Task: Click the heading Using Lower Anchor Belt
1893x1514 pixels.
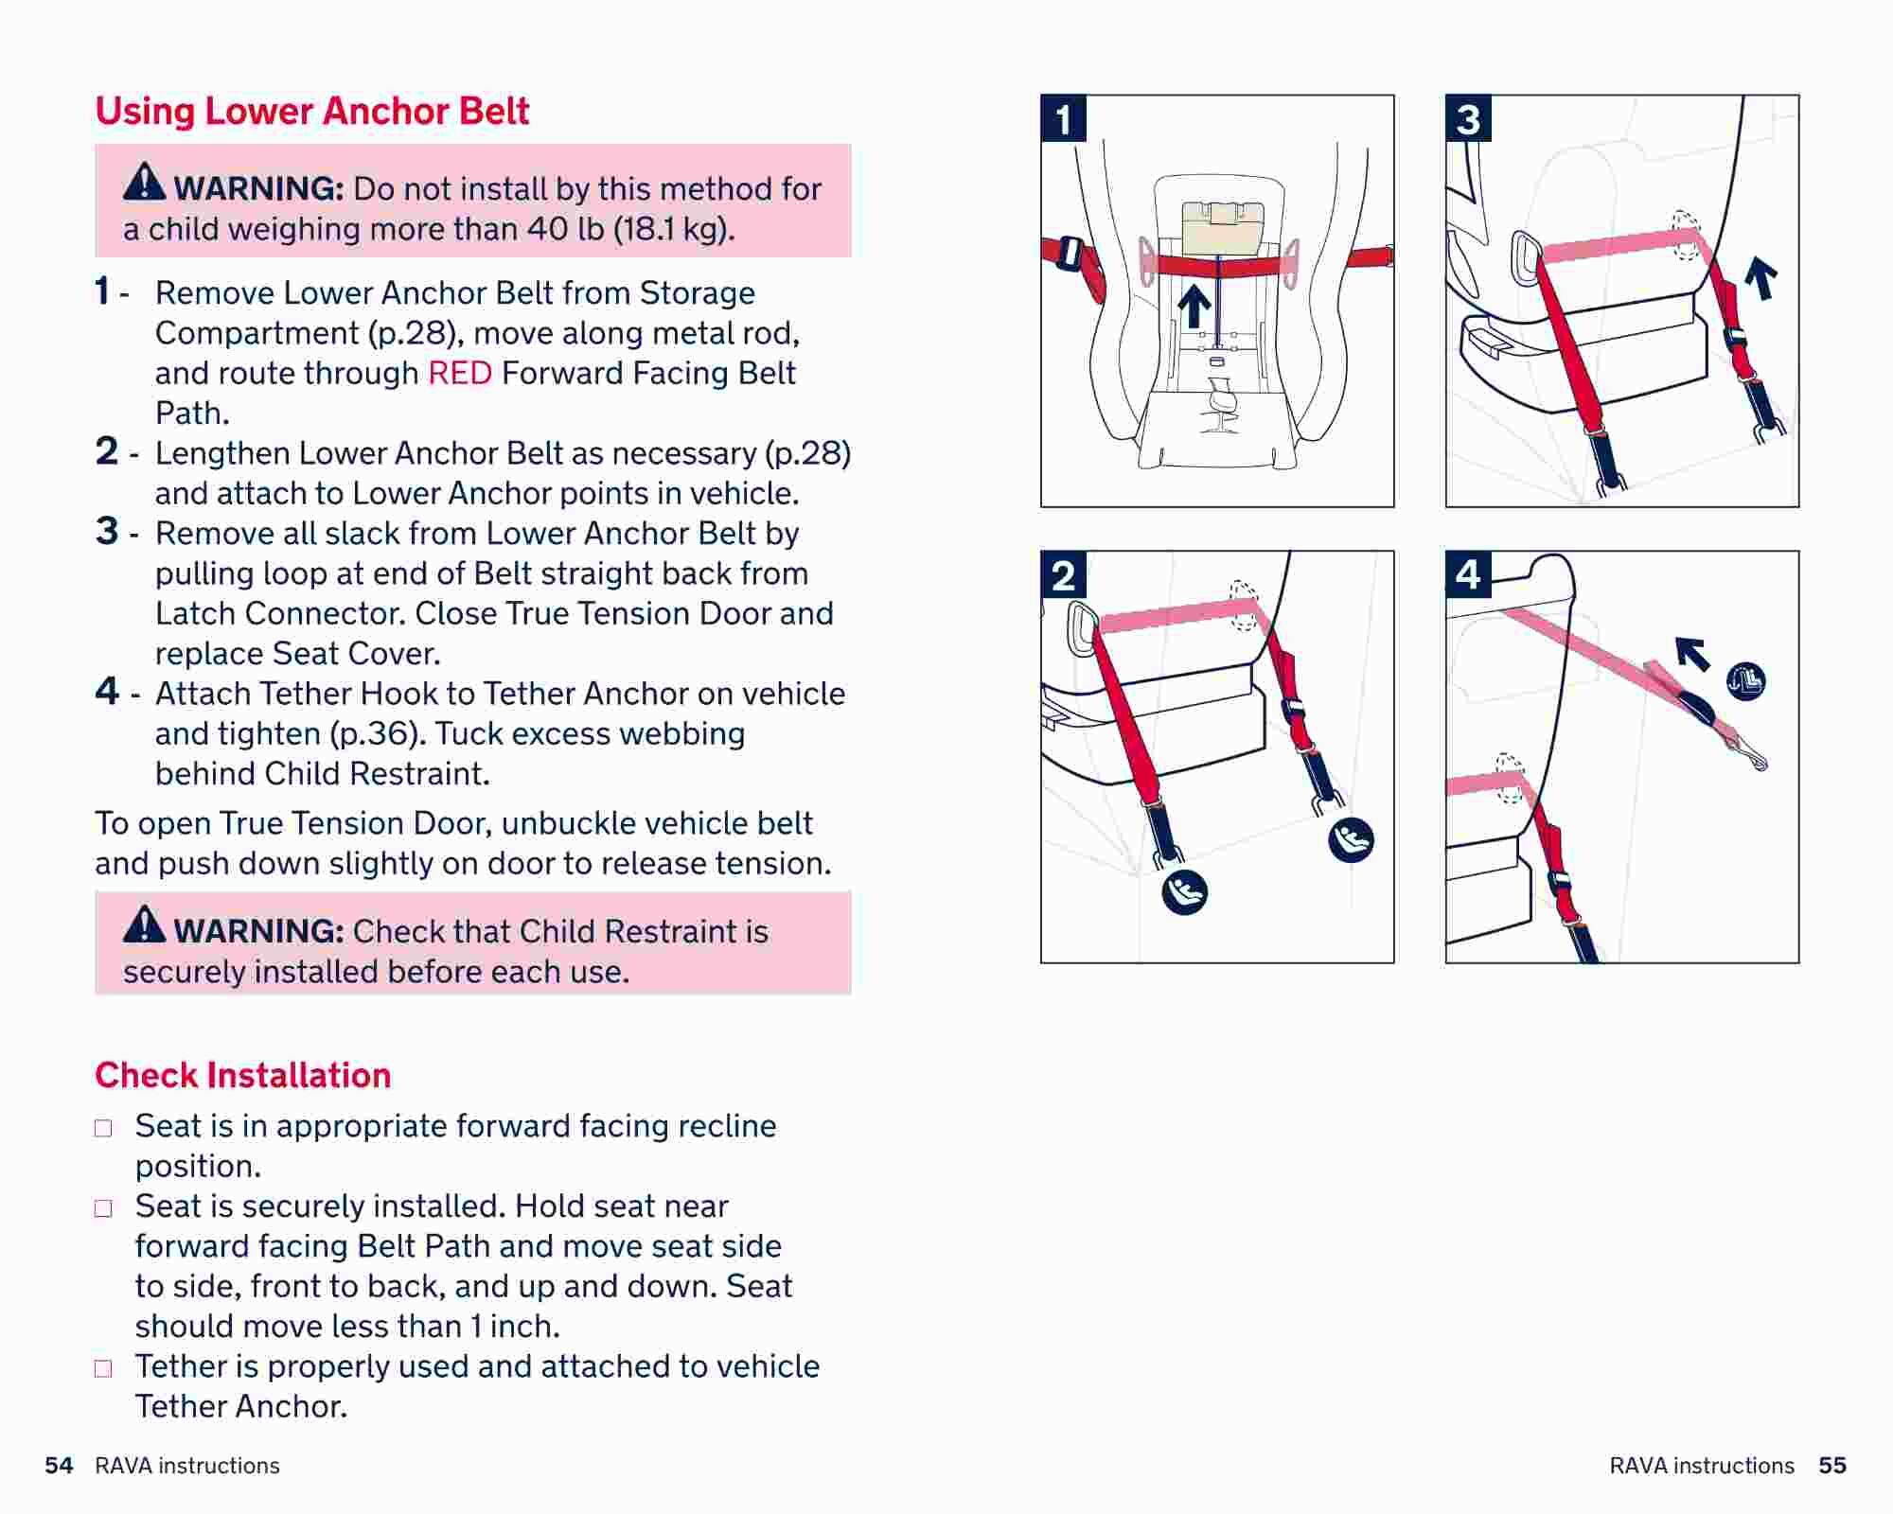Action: (311, 112)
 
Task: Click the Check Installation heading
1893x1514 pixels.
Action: (242, 1075)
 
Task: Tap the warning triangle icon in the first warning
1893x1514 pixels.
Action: (144, 182)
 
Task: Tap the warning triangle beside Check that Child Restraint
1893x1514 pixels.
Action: (144, 924)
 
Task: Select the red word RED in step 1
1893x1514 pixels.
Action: (460, 373)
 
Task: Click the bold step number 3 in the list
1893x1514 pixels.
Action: (107, 531)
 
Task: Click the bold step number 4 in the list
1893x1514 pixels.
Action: (107, 691)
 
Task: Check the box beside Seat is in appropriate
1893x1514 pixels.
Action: (103, 1128)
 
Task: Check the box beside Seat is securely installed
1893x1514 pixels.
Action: (103, 1208)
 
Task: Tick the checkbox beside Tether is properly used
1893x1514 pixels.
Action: (103, 1368)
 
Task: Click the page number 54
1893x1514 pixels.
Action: (59, 1466)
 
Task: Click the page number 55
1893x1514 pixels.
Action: (1832, 1466)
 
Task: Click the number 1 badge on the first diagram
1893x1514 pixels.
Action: (1063, 119)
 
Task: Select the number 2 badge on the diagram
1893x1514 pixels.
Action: (1063, 575)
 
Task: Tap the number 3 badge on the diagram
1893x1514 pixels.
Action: (1468, 119)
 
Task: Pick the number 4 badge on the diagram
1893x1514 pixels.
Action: (1468, 574)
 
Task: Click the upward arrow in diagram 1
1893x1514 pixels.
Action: (1194, 307)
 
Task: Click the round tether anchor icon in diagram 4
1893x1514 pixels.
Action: (1745, 681)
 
